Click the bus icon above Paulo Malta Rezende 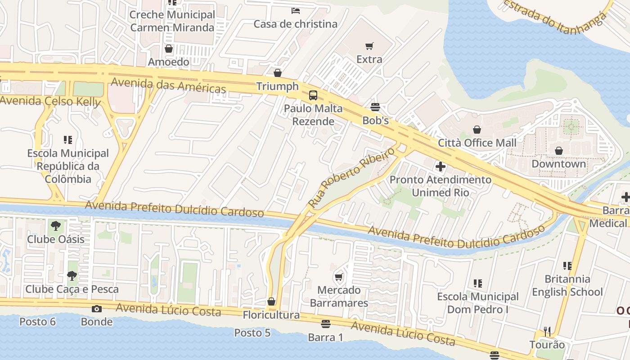313,95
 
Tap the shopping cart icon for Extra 369,45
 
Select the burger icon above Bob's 375,107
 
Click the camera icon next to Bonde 96,309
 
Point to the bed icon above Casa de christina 296,10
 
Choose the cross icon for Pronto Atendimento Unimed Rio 440,167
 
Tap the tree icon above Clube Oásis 55,225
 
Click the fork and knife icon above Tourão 547,332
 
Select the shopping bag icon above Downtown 559,151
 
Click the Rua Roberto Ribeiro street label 351,177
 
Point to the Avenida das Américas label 168,85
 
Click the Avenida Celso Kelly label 50,101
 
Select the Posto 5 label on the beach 252,333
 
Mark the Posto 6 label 37,322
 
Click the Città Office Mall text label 477,143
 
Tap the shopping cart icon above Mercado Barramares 339,277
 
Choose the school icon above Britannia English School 567,266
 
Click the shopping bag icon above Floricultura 271,301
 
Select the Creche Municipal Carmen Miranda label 172,21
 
